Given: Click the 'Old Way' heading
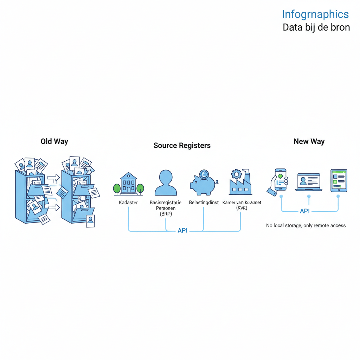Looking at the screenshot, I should (x=54, y=142).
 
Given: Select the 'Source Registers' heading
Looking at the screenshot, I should (x=182, y=146).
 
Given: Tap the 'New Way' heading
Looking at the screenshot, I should (x=309, y=142).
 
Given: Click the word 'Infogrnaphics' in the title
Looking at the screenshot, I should (x=315, y=14).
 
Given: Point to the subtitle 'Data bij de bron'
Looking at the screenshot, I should (x=316, y=27).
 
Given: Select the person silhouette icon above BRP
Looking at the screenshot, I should (x=166, y=183).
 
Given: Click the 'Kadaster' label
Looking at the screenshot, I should (x=128, y=203).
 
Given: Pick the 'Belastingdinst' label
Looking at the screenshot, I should (x=204, y=203).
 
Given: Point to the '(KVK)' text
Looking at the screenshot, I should (x=242, y=208).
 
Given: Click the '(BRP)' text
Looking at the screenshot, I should (x=166, y=213).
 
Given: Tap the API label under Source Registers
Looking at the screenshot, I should (x=182, y=231).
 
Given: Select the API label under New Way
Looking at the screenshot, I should (x=304, y=211).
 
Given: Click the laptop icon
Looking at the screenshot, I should (x=309, y=182).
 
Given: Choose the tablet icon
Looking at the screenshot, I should (x=339, y=181).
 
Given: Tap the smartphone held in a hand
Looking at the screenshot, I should (x=280, y=179).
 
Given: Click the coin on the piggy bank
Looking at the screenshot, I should (x=203, y=174).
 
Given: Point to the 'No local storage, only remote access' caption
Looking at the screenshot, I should (x=306, y=225).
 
